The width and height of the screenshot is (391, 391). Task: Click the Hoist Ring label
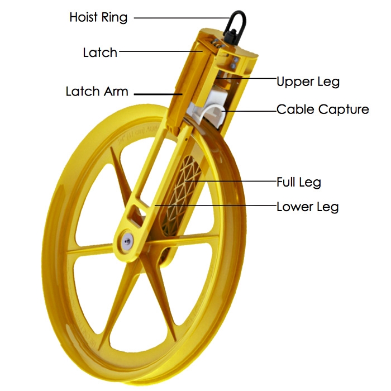tap(98, 18)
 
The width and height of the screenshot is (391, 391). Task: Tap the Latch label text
tap(100, 53)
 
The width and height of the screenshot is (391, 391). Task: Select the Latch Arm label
tap(97, 91)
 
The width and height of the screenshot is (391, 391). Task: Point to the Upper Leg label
tap(308, 82)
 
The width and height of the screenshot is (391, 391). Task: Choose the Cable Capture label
tap(323, 109)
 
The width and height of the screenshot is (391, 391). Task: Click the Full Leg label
tap(299, 182)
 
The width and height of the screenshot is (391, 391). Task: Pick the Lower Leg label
tap(307, 207)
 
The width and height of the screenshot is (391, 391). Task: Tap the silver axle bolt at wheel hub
tap(127, 241)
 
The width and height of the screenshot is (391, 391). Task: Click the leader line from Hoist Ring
tap(182, 18)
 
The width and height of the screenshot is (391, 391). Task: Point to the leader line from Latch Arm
tap(158, 94)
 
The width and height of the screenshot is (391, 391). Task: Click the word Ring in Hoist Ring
tap(113, 18)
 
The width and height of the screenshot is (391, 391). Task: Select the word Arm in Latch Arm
tap(116, 91)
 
